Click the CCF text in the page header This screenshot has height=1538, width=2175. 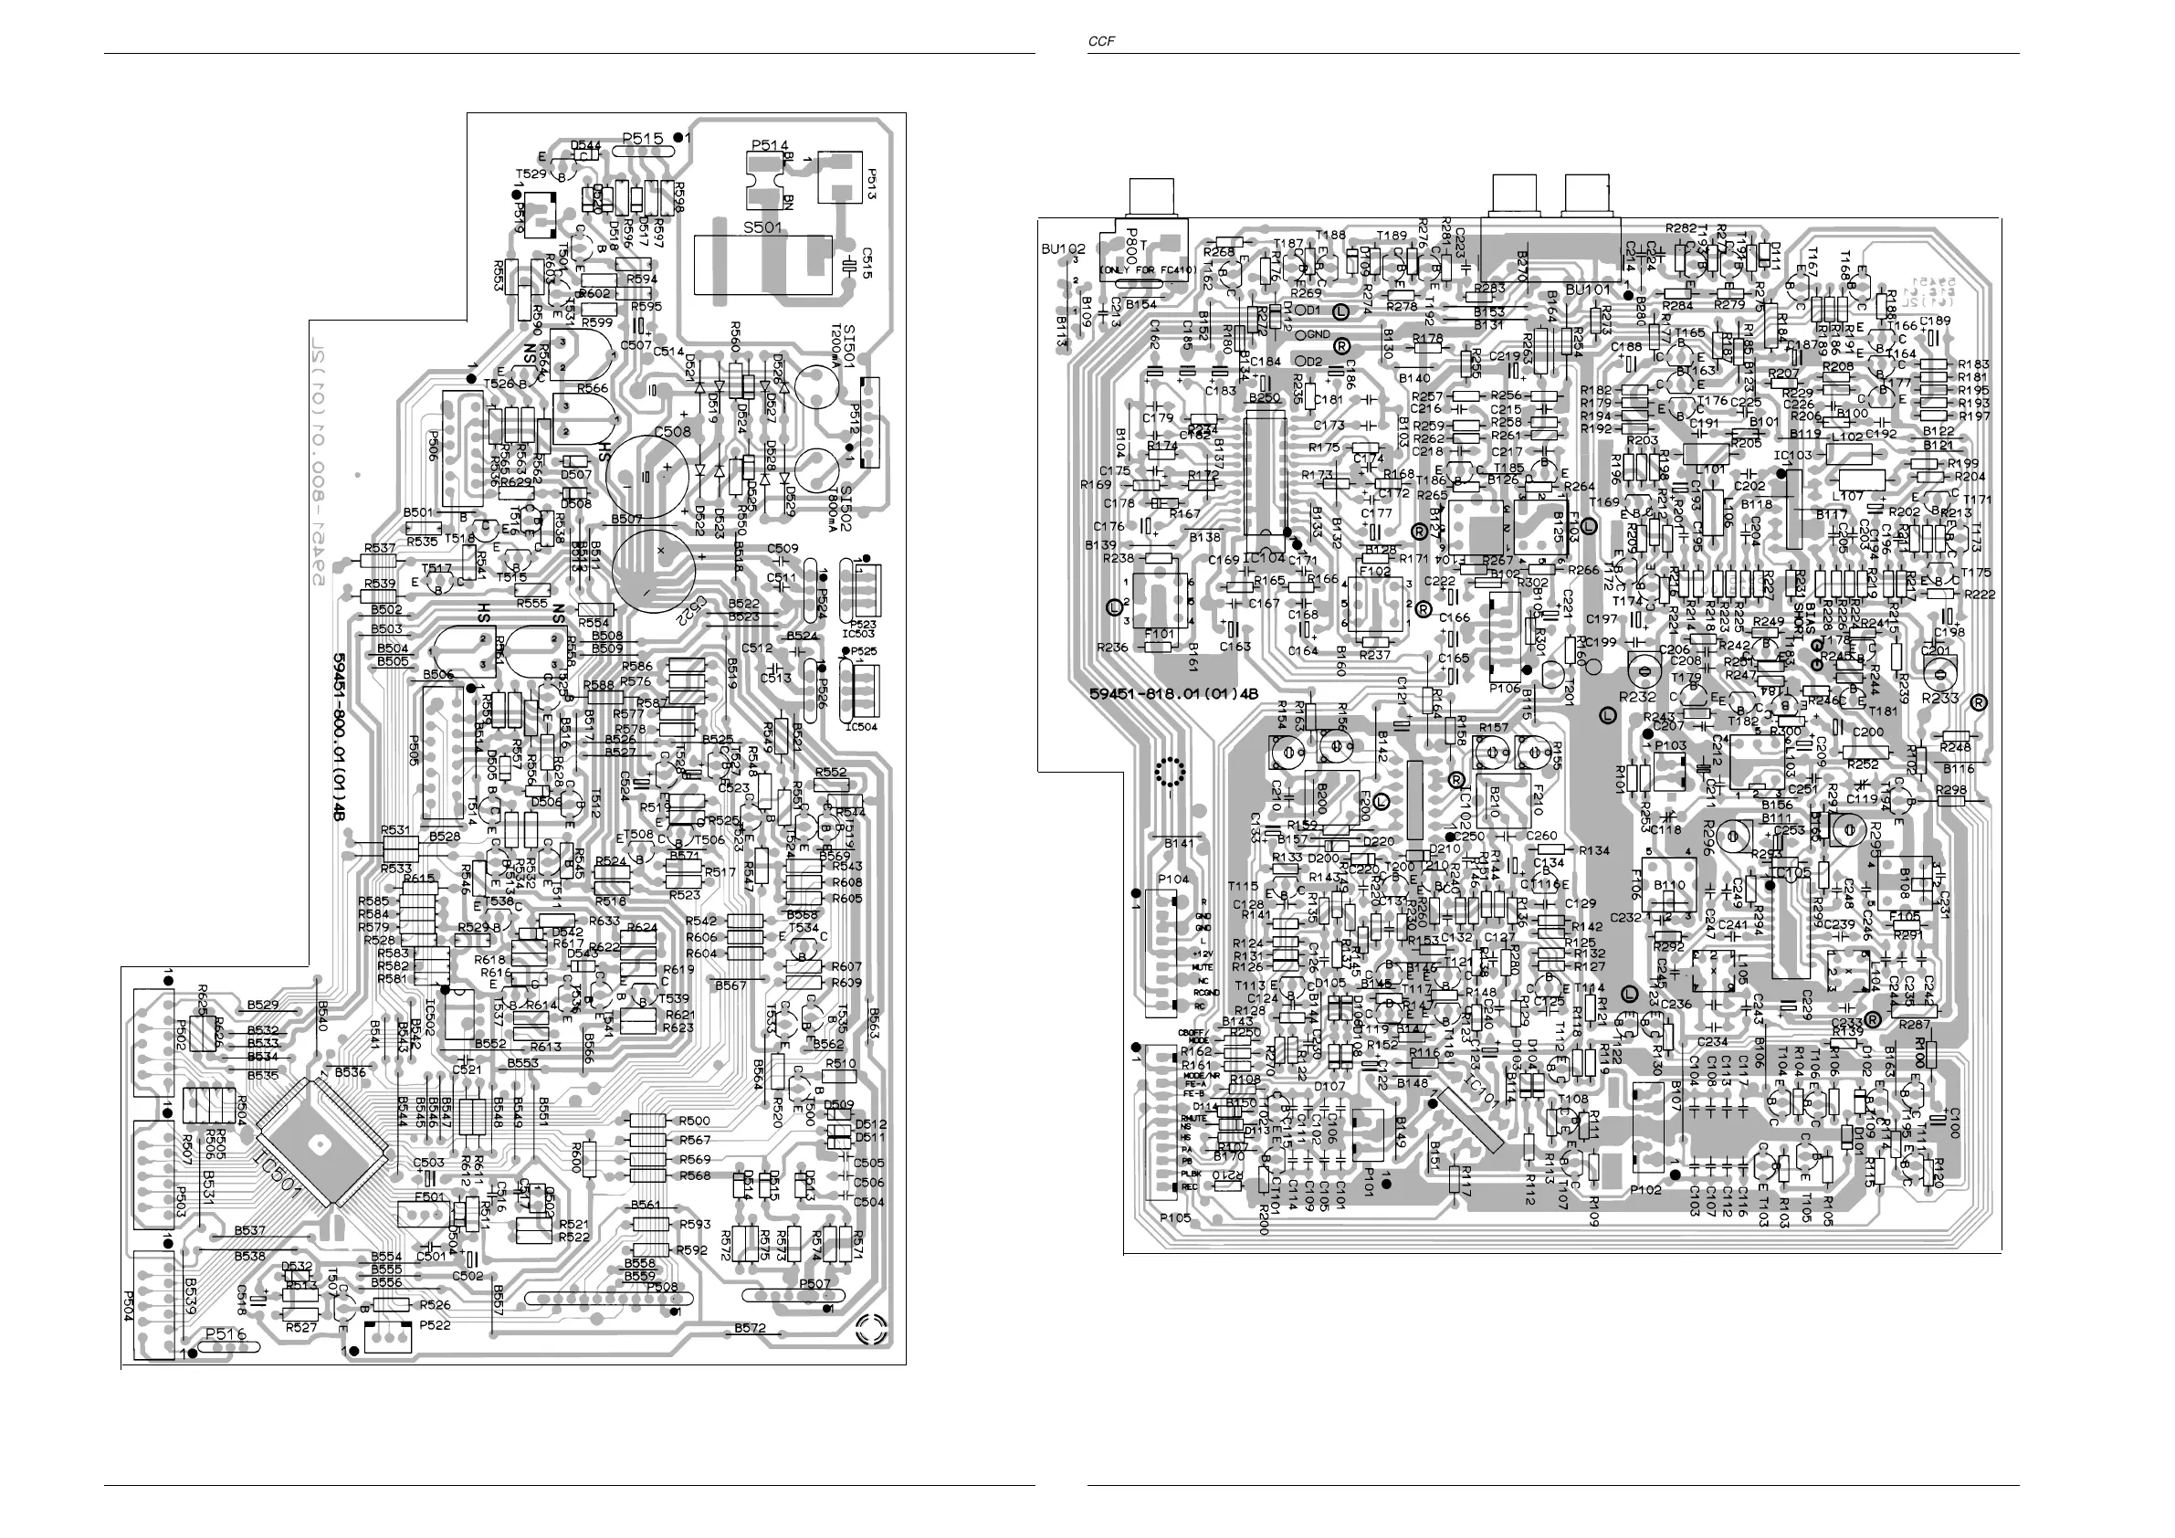1098,41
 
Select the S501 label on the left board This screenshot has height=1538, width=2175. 762,227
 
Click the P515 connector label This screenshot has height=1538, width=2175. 643,138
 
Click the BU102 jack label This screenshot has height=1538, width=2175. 1063,249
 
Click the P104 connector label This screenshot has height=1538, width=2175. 1172,880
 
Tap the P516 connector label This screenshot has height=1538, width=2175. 226,1334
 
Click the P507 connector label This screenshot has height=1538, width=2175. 814,1284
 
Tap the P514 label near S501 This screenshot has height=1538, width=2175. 770,145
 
